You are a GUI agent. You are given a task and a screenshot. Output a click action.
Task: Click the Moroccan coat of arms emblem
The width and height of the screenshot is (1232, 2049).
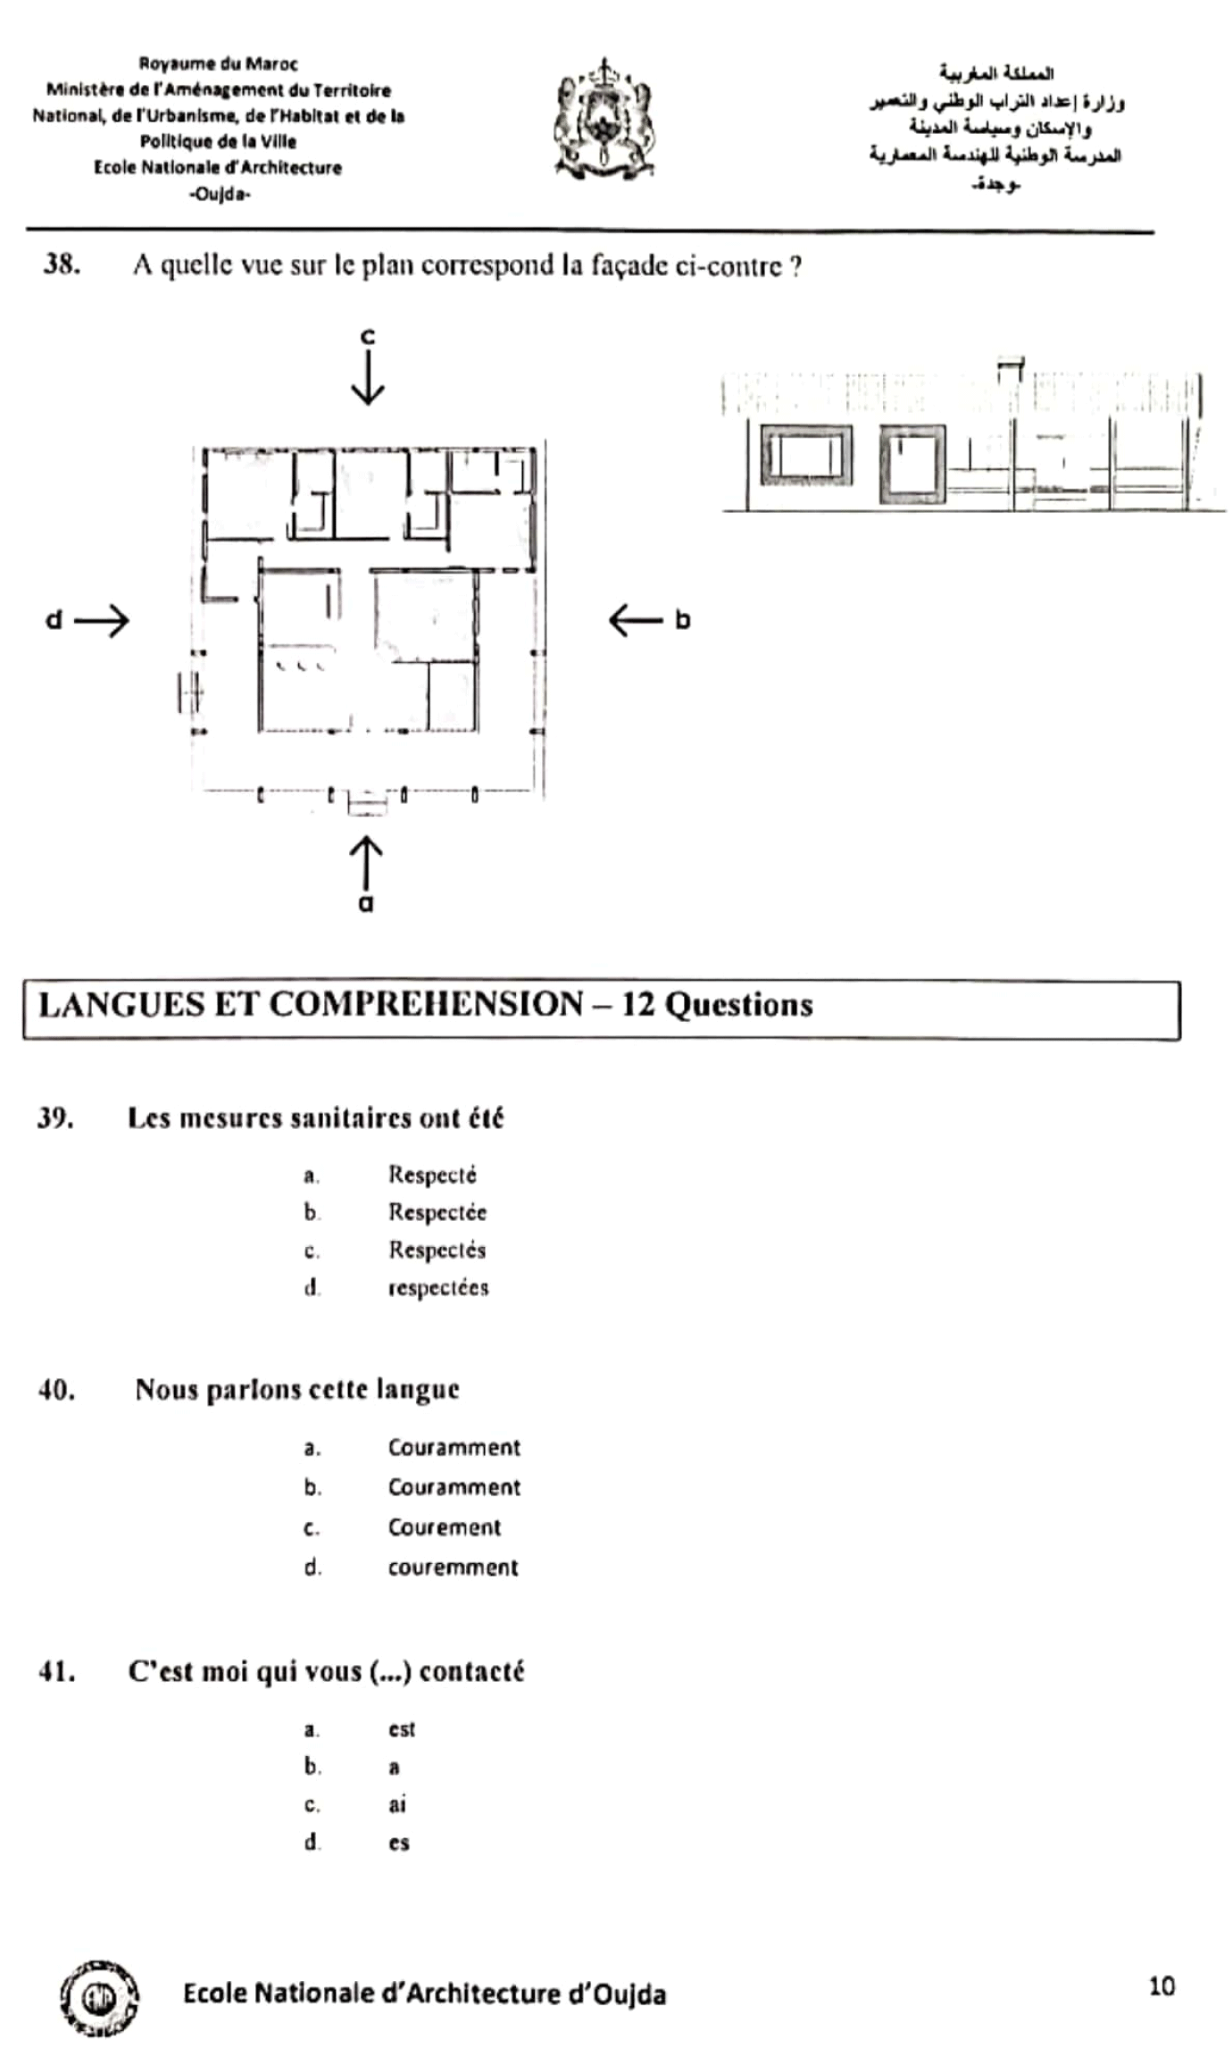(x=604, y=121)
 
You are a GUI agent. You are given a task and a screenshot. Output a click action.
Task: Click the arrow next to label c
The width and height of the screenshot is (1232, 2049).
(x=368, y=378)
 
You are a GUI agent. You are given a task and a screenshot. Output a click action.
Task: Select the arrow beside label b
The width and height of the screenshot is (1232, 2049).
(x=636, y=620)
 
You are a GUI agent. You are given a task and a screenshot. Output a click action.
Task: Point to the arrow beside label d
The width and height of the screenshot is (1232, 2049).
(x=102, y=620)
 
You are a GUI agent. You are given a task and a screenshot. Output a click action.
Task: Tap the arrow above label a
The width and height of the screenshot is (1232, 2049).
(x=366, y=862)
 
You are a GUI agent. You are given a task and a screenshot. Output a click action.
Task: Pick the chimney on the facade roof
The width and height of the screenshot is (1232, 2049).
(x=1010, y=369)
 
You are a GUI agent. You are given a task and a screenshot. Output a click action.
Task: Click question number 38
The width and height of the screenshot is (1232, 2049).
(x=62, y=264)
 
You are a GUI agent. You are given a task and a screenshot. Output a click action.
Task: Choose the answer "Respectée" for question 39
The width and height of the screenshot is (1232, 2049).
(x=437, y=1212)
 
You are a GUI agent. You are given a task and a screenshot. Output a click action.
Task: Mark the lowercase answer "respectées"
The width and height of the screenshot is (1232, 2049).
(x=438, y=1287)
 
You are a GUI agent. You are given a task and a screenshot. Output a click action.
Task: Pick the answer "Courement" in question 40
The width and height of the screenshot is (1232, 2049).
(x=444, y=1527)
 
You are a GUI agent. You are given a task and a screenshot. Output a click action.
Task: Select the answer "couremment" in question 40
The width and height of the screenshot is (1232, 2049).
(x=453, y=1568)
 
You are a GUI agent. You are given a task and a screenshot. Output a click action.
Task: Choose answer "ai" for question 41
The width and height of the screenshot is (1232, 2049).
(x=397, y=1804)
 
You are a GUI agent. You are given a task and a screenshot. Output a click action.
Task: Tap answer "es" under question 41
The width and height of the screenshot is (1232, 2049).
(x=398, y=1843)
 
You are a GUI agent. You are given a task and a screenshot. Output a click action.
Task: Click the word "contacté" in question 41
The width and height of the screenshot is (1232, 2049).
(x=471, y=1671)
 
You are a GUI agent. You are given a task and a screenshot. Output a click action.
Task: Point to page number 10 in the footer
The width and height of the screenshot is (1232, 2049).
(x=1161, y=1986)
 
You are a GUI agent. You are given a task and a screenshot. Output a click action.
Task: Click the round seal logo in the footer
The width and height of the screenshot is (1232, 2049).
(x=99, y=1998)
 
